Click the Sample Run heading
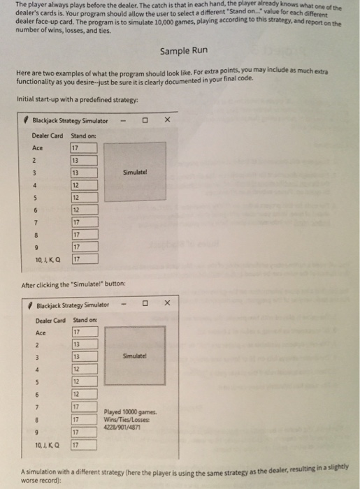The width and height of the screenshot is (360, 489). tap(183, 52)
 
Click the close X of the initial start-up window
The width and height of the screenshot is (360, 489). tap(166, 121)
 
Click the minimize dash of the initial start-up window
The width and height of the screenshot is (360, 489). tap(123, 121)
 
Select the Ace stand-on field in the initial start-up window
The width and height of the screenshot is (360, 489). tap(83, 147)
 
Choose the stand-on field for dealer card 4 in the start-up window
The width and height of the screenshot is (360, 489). tap(83, 185)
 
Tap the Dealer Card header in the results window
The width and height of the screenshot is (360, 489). tap(51, 320)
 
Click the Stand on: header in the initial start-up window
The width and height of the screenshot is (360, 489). tap(84, 135)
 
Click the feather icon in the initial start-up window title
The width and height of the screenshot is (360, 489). tap(26, 121)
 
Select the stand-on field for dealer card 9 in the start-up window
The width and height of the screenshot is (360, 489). tap(83, 247)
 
